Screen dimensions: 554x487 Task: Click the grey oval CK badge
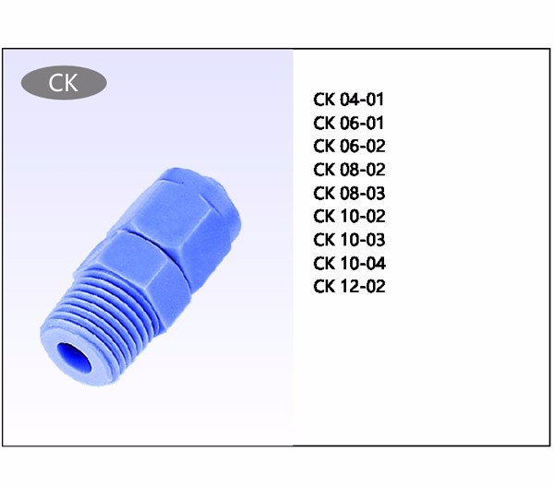(64, 83)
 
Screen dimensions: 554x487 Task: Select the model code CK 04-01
(348, 100)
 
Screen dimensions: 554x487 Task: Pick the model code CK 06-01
(348, 123)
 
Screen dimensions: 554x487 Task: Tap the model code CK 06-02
(349, 146)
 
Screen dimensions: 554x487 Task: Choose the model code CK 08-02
(349, 170)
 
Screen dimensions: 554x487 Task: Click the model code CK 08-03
(349, 193)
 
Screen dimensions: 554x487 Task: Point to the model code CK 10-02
(349, 217)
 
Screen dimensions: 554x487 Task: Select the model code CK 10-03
(349, 240)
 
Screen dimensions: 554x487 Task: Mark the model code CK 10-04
(349, 263)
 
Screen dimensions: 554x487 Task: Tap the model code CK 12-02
(349, 286)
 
